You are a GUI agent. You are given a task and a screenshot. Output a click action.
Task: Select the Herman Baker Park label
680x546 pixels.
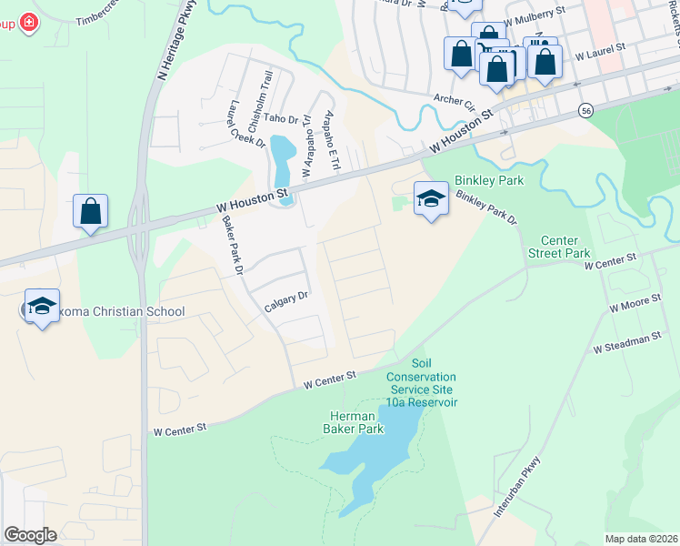coord(354,421)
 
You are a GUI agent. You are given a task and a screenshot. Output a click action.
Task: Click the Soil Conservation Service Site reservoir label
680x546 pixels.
coord(421,382)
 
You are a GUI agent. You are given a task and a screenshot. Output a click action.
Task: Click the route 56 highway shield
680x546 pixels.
coord(585,110)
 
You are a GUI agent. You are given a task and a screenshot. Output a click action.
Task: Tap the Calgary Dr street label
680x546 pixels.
coord(287,300)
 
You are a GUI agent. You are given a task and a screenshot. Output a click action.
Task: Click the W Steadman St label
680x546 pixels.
coord(626,343)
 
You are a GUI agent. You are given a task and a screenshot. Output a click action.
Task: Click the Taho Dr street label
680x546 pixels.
coord(281,118)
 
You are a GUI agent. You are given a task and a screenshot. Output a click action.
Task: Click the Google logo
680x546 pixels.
coord(30,535)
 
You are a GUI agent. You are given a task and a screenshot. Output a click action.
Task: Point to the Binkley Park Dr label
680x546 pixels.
coord(485,208)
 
